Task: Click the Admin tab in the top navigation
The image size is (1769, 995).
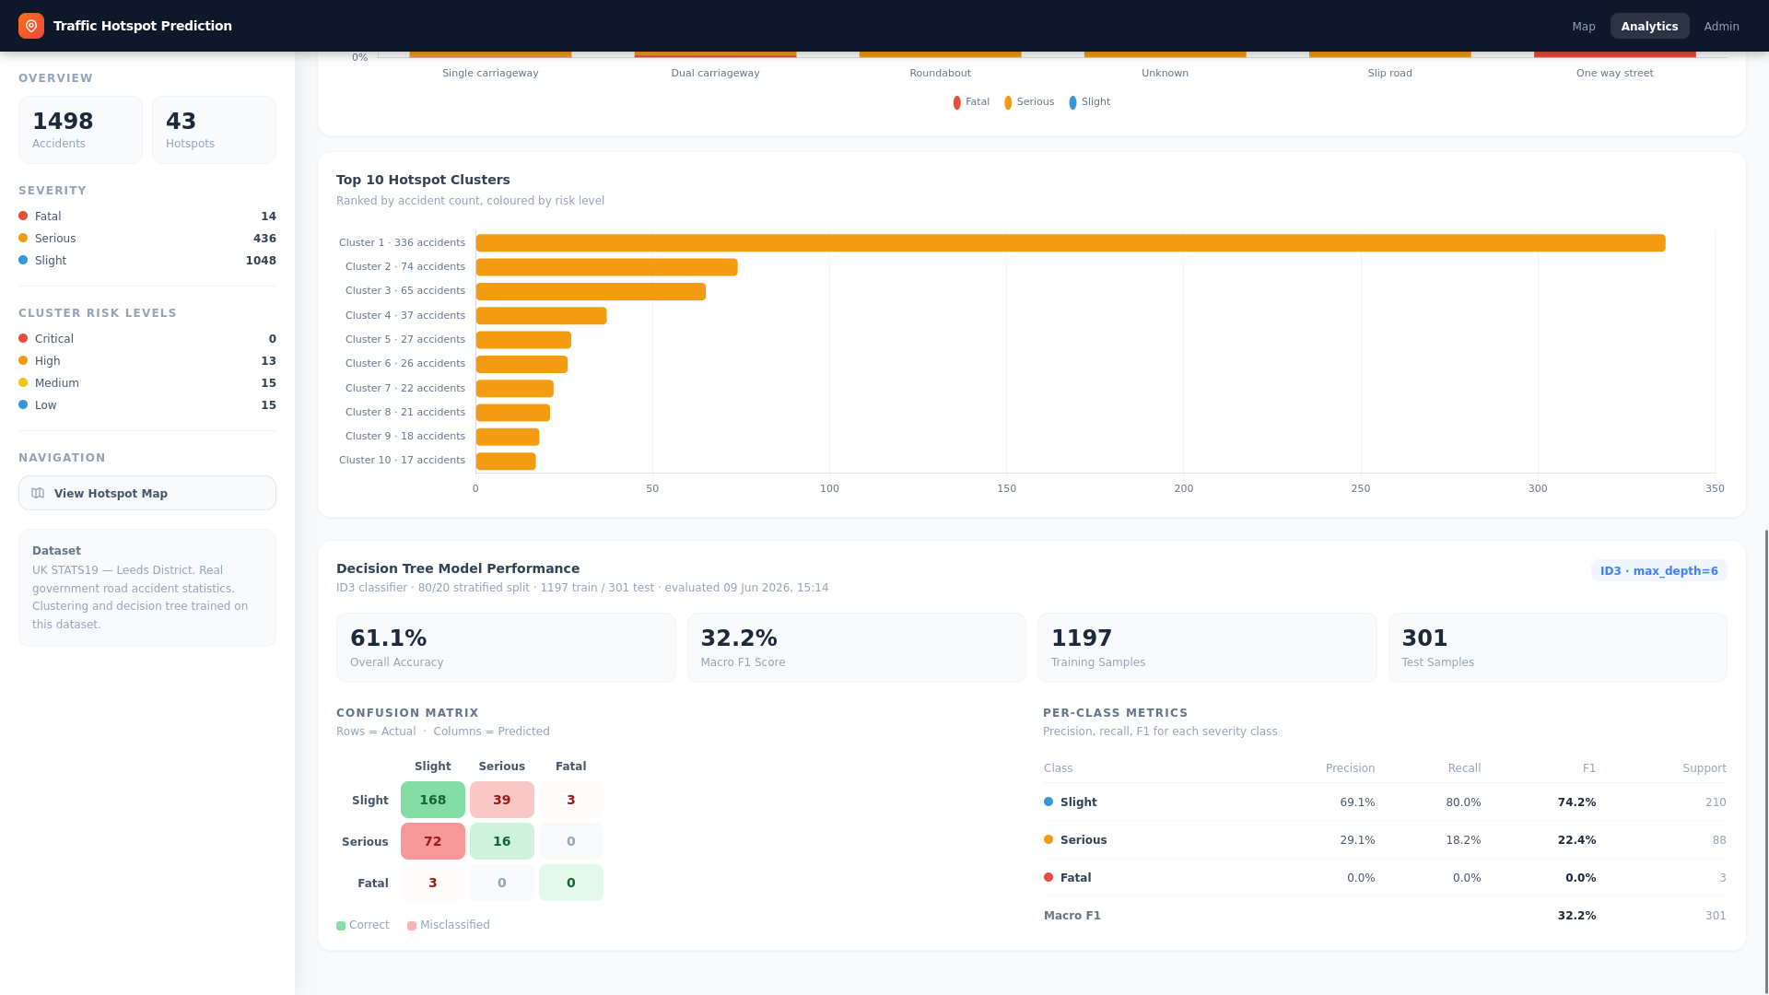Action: pos(1721,26)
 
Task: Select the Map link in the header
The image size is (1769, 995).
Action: pos(1583,26)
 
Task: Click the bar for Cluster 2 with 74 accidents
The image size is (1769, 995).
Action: pos(606,267)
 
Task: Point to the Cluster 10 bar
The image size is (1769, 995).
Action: pos(506,461)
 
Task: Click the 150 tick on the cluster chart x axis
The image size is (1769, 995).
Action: pos(1006,488)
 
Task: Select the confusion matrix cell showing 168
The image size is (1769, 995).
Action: pos(433,800)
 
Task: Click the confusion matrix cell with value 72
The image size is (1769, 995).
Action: pos(433,841)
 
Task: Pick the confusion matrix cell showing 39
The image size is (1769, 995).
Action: pos(502,800)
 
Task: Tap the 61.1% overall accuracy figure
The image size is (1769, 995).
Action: pos(388,638)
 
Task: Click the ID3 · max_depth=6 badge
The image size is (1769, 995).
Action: pos(1658,570)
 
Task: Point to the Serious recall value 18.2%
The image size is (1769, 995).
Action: pos(1464,840)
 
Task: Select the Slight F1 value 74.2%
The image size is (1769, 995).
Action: pos(1576,802)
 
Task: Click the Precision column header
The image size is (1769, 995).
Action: pos(1350,768)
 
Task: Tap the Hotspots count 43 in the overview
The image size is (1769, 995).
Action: pos(181,121)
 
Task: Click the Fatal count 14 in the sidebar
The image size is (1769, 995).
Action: pos(268,217)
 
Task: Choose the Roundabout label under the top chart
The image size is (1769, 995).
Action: pos(940,73)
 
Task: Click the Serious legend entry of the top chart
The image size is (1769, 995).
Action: pos(1029,102)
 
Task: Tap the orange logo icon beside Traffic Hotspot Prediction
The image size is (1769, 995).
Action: pos(31,26)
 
